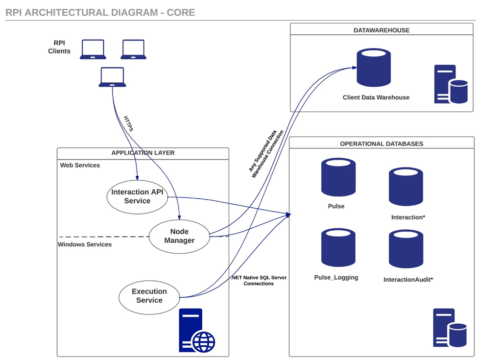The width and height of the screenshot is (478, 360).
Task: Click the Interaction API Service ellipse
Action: tap(137, 196)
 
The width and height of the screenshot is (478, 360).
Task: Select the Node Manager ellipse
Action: tap(179, 236)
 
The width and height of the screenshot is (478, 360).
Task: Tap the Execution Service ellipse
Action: tap(149, 295)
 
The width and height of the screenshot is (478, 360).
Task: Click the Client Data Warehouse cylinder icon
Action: tap(374, 67)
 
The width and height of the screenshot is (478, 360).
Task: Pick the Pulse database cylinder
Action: tap(338, 177)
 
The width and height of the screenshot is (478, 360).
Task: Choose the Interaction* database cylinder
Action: tap(406, 187)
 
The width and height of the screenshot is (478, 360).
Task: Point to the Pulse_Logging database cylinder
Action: tap(338, 248)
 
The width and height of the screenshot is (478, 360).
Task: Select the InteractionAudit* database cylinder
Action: tap(406, 250)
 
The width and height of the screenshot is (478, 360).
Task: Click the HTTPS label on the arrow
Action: tap(129, 124)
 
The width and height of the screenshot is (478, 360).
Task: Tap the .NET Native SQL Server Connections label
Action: tap(259, 280)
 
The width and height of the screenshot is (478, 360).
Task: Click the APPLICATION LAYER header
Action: tap(143, 153)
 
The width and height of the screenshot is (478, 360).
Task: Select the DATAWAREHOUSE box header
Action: tap(382, 30)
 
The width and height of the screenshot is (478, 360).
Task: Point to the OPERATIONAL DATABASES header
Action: tap(382, 144)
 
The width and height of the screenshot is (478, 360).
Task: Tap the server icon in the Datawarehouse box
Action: tap(450, 84)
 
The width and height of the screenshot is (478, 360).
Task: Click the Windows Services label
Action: tap(85, 244)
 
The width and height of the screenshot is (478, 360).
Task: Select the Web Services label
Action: tap(80, 165)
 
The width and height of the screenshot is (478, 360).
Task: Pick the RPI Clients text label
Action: tap(59, 47)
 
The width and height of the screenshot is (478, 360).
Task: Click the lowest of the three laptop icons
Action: tap(112, 77)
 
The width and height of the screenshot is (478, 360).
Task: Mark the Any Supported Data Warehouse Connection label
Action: tap(266, 153)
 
